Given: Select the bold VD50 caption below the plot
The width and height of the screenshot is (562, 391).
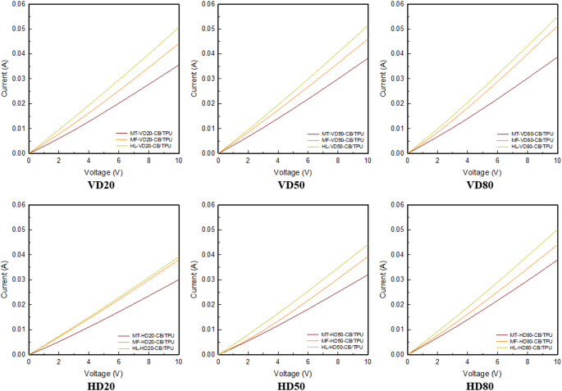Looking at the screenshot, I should pyautogui.click(x=292, y=184).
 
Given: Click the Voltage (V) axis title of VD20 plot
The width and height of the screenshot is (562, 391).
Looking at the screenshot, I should pyautogui.click(x=103, y=173).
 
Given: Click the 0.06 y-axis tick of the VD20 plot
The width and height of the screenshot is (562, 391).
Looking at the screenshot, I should pyautogui.click(x=16, y=4).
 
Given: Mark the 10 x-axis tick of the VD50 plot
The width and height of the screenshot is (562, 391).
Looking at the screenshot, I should pyautogui.click(x=367, y=161).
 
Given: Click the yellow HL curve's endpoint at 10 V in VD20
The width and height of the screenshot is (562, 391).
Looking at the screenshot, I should pyautogui.click(x=178, y=28).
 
